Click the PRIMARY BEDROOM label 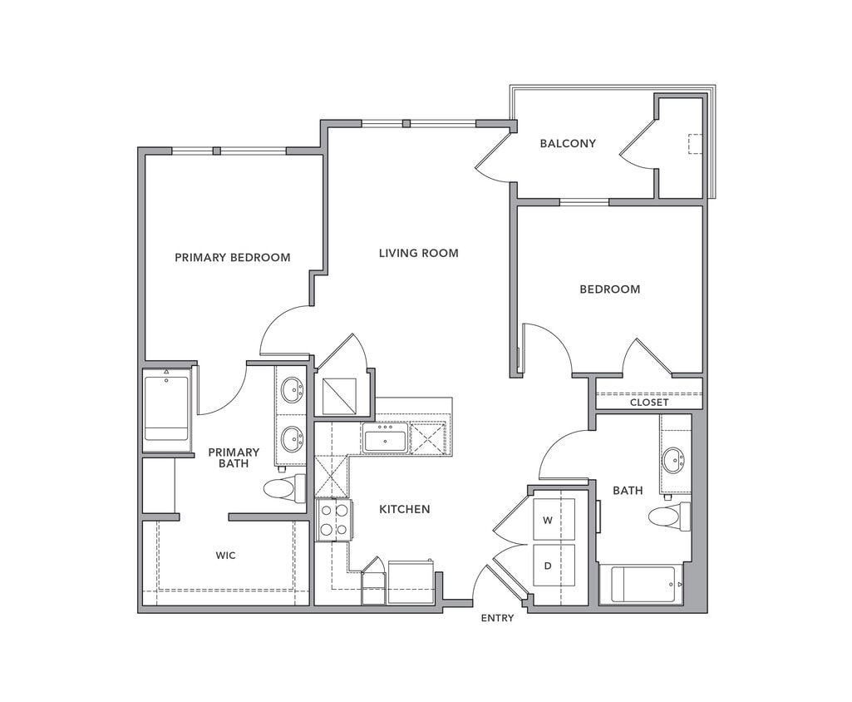coord(232,257)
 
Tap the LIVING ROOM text coord(418,253)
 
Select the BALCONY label coord(568,143)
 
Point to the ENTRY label coord(497,618)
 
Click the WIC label coord(225,555)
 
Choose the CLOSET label coord(648,402)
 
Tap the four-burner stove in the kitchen coord(334,520)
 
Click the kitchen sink coord(385,439)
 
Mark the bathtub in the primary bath coord(166,410)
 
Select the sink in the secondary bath coord(673,459)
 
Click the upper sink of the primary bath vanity coord(292,389)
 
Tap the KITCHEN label coord(404,509)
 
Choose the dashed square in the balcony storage coord(695,144)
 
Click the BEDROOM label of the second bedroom coord(609,289)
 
